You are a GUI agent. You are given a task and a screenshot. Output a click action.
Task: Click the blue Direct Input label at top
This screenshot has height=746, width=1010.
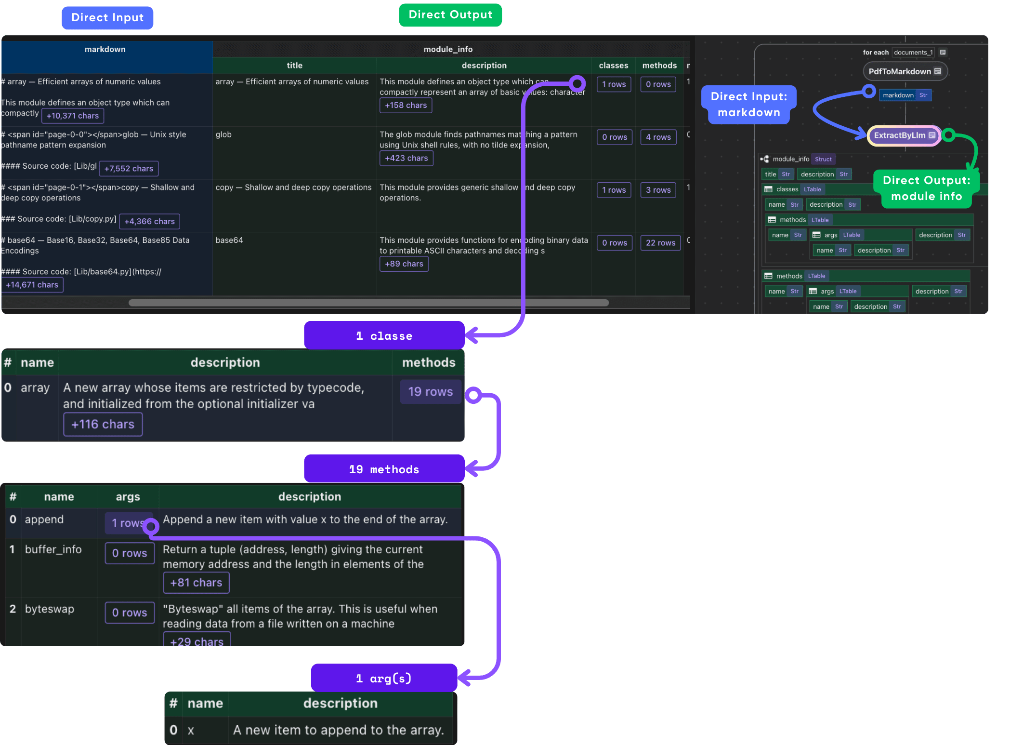107,18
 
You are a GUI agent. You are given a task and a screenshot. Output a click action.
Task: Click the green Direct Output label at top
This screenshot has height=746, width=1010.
450,15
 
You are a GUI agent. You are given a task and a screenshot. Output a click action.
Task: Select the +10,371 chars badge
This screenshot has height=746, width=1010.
73,116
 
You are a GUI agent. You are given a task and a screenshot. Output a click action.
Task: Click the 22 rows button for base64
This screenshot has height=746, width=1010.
660,243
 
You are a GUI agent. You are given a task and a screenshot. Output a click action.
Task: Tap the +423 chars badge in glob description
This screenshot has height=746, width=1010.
406,158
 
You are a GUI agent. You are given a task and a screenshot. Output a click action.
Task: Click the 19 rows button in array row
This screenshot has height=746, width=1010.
430,392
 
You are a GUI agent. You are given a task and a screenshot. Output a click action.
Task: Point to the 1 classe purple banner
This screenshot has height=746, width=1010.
384,336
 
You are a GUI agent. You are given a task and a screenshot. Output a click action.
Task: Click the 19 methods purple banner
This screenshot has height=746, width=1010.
384,469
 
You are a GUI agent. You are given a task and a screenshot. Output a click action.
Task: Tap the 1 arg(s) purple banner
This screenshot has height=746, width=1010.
384,678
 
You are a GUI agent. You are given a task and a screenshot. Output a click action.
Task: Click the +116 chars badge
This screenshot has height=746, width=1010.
103,424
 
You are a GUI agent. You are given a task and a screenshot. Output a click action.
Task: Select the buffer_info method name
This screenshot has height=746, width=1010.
53,549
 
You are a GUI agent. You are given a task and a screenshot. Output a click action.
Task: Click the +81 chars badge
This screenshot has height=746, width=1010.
196,583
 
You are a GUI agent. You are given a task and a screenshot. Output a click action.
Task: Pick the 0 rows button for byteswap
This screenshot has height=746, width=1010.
130,613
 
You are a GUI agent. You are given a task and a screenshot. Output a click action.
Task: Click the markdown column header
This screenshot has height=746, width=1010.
105,49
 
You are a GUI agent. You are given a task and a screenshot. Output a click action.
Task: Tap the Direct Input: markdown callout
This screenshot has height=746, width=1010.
748,105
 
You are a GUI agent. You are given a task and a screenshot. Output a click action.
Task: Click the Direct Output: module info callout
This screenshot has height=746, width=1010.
926,188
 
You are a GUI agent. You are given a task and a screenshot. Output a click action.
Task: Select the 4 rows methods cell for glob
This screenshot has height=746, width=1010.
658,137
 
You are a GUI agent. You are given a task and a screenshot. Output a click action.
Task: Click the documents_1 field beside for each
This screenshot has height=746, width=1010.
913,53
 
